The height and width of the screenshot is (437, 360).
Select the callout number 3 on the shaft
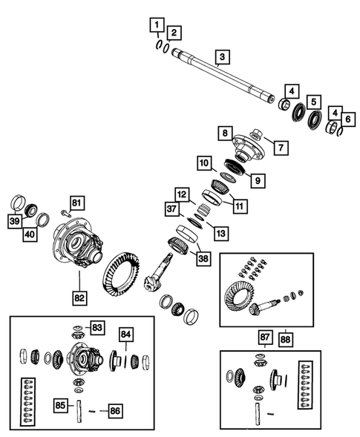pos(220,56)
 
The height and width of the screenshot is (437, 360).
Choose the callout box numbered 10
pos(203,162)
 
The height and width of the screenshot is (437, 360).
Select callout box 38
pos(201,258)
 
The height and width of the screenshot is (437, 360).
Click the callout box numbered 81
pos(78,201)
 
